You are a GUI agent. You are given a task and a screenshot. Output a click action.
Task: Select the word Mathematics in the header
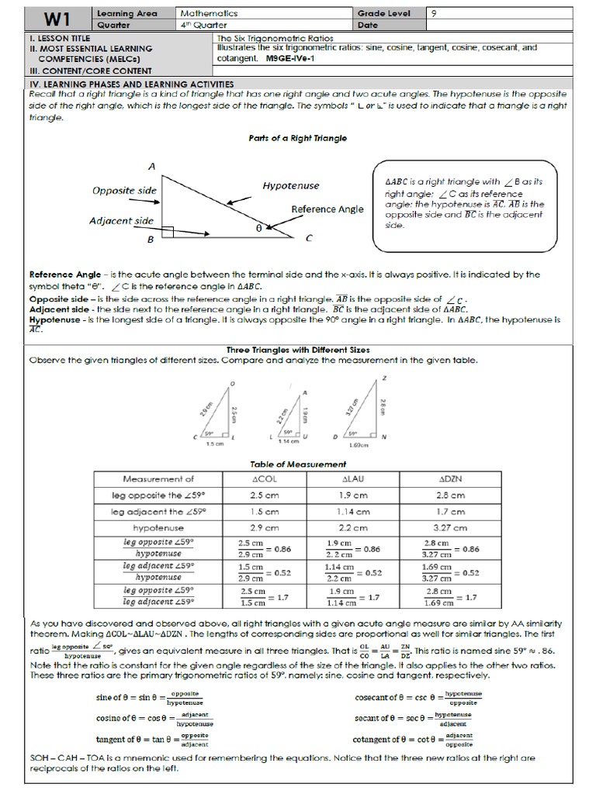(x=209, y=13)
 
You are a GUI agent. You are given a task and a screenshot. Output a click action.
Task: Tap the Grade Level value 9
(x=433, y=13)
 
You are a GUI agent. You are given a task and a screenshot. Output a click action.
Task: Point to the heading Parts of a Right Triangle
(x=297, y=138)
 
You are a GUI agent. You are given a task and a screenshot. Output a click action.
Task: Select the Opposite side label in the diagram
(x=124, y=190)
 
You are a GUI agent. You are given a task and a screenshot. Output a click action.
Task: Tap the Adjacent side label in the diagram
(x=121, y=220)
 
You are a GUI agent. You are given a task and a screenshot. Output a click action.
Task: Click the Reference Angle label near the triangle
(x=325, y=209)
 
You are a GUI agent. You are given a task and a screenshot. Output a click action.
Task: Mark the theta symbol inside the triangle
(x=259, y=228)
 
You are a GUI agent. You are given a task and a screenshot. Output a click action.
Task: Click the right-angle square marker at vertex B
(x=168, y=232)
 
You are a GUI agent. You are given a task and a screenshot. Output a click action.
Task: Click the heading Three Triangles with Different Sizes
(x=297, y=350)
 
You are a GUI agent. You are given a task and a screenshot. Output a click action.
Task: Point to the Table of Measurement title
(x=297, y=464)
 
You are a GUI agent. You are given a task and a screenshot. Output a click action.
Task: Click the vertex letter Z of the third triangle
(x=385, y=378)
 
